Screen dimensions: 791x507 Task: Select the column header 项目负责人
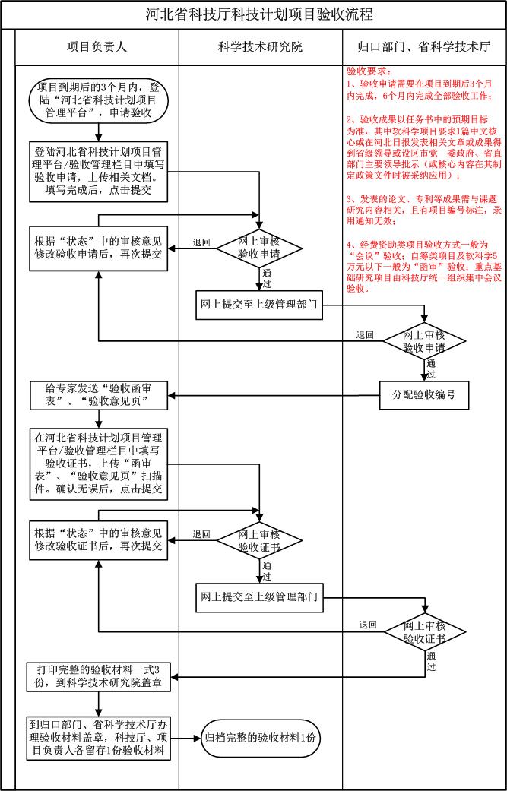point(97,47)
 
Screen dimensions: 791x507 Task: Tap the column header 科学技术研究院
point(260,47)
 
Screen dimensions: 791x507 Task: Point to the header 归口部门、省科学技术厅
point(423,47)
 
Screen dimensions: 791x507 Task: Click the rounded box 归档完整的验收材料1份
point(260,737)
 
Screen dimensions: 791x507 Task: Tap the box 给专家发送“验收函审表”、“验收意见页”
point(98,394)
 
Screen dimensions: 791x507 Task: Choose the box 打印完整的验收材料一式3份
point(99,676)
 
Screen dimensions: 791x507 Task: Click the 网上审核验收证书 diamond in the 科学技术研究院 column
point(259,539)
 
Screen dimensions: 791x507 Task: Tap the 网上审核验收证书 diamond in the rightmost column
point(423,632)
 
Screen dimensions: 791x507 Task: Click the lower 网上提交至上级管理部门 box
point(259,596)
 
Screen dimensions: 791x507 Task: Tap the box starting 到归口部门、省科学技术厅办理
point(98,737)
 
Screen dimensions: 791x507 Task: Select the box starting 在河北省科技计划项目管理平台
point(98,463)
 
